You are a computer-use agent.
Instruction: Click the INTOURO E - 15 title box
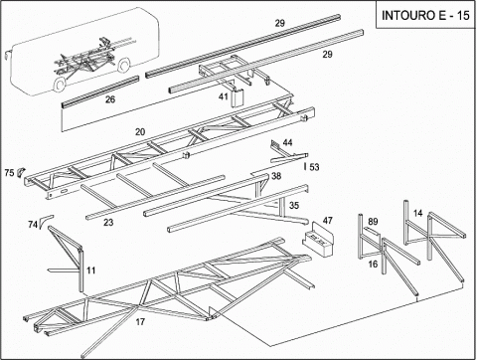click(426, 15)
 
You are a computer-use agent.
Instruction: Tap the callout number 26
click(110, 99)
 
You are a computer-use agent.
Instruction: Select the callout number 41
click(224, 96)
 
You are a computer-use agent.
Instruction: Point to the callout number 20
click(140, 131)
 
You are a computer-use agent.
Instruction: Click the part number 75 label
click(9, 173)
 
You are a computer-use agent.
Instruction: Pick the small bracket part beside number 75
click(21, 171)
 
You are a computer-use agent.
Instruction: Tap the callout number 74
click(33, 225)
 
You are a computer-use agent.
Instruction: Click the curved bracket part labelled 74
click(44, 220)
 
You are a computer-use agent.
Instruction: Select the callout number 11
click(90, 270)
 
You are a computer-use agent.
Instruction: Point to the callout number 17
click(140, 321)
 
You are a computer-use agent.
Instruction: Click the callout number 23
click(108, 222)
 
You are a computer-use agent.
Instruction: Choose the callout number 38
click(276, 176)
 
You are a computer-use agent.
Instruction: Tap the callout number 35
click(294, 206)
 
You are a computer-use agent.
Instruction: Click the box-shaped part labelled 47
click(318, 240)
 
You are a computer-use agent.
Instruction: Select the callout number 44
click(287, 142)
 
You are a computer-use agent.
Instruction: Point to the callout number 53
click(314, 167)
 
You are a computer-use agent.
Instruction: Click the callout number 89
click(373, 221)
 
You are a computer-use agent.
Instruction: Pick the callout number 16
click(373, 264)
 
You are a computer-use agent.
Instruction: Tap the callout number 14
click(418, 213)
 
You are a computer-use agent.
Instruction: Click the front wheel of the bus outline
click(59, 85)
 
